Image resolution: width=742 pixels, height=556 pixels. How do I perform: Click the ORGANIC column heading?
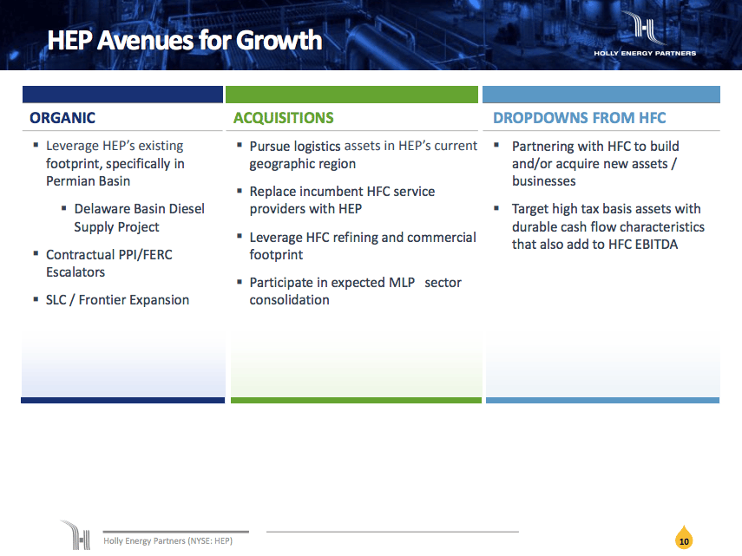click(x=62, y=118)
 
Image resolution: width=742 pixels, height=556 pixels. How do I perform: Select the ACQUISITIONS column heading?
click(x=283, y=118)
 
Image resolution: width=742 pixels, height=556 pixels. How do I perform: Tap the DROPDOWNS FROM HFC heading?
click(x=579, y=118)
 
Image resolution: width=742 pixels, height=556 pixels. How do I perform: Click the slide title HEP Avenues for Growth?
click(x=184, y=40)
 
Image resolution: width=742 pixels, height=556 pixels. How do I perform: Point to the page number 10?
click(x=684, y=541)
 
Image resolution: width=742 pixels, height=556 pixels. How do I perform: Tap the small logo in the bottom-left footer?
click(x=76, y=534)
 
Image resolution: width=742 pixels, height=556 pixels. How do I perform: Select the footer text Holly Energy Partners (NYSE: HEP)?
click(x=167, y=540)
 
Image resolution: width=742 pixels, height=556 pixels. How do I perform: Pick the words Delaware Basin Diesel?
click(x=139, y=209)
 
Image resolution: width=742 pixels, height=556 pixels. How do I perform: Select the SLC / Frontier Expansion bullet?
click(x=117, y=300)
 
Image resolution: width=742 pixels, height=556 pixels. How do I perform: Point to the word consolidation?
click(x=289, y=300)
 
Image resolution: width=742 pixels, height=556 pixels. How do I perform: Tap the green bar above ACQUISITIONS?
click(x=351, y=95)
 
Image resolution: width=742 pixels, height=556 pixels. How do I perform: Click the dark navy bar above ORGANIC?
click(x=122, y=95)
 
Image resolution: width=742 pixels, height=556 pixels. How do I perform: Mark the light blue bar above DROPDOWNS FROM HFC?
click(x=601, y=95)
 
